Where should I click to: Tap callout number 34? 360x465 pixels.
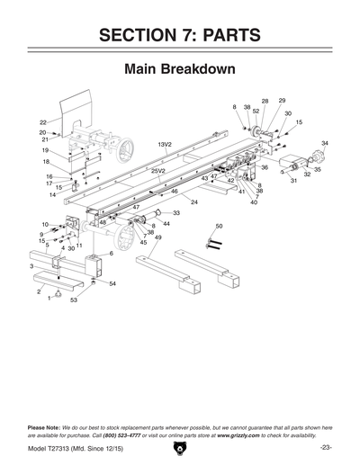tap(325, 143)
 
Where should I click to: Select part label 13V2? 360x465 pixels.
tap(165, 144)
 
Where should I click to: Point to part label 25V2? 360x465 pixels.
tap(158, 170)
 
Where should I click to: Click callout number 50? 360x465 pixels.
tap(219, 226)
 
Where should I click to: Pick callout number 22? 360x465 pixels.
tap(42, 121)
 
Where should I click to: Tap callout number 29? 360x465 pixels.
tap(282, 101)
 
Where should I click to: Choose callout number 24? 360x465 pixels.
tap(193, 202)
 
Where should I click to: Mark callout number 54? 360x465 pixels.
tap(112, 283)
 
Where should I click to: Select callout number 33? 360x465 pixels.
tap(175, 213)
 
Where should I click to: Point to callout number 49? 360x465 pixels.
tap(158, 237)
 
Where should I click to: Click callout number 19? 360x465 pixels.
tap(45, 150)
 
